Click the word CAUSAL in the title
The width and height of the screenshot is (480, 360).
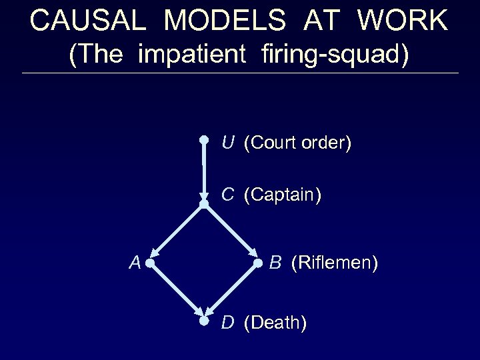click(86, 21)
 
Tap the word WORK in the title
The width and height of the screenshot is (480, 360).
click(403, 21)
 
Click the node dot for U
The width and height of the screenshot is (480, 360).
click(205, 140)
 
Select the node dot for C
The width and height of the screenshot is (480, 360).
click(204, 203)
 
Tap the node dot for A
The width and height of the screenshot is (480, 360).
click(151, 264)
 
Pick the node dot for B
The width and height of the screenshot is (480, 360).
click(259, 264)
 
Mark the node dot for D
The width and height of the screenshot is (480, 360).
click(205, 321)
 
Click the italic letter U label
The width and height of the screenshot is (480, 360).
click(228, 142)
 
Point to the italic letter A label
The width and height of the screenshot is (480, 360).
click(135, 263)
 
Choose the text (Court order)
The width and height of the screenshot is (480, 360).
click(297, 143)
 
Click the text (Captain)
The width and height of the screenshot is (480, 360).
click(283, 195)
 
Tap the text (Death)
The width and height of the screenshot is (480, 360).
click(275, 323)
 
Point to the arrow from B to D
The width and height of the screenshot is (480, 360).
click(232, 292)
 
